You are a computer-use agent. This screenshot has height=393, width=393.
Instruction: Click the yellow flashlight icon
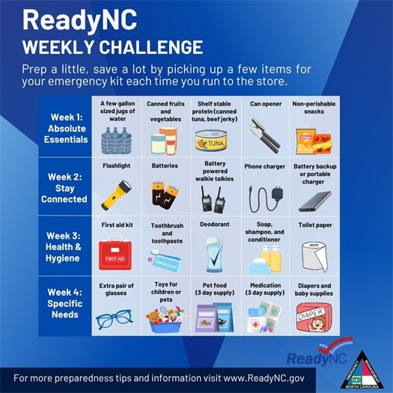[x=116, y=193]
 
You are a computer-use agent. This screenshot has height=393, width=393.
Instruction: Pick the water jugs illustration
[x=116, y=140]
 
